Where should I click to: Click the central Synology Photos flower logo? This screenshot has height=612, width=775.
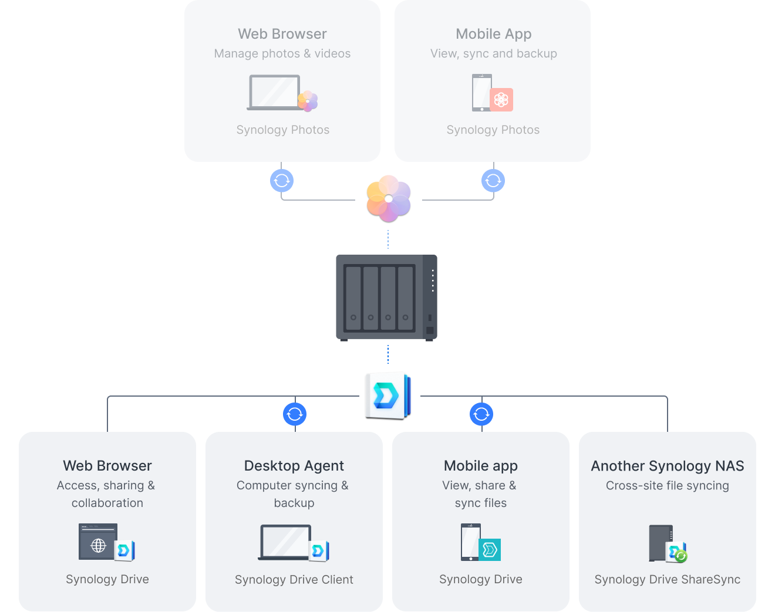(x=388, y=198)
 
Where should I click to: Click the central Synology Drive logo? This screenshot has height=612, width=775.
(x=387, y=395)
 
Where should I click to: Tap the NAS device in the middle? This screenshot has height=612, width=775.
(x=386, y=297)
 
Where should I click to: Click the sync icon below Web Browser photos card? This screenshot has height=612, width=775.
(x=282, y=181)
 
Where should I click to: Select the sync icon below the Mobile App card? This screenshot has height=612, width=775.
(x=493, y=181)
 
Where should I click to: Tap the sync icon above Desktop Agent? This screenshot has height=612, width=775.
(x=295, y=414)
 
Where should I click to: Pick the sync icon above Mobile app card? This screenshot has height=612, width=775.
(x=481, y=414)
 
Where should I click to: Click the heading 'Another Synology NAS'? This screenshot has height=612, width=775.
(x=667, y=466)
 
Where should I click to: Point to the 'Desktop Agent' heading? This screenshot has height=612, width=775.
(x=294, y=466)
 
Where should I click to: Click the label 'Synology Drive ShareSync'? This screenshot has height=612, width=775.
(x=667, y=580)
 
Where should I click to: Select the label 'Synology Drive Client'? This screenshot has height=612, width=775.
(x=294, y=580)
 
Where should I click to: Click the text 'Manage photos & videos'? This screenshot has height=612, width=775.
(x=282, y=53)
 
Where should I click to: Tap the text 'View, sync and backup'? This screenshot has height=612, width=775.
(x=493, y=53)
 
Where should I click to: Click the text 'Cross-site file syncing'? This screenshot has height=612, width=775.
(x=667, y=486)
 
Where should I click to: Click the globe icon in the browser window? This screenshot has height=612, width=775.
(x=98, y=546)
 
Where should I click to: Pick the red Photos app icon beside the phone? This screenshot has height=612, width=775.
(x=501, y=100)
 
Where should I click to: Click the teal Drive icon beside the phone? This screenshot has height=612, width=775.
(x=490, y=550)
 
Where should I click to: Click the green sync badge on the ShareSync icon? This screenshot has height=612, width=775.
(x=681, y=556)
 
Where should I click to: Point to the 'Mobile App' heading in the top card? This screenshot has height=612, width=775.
(x=493, y=34)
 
